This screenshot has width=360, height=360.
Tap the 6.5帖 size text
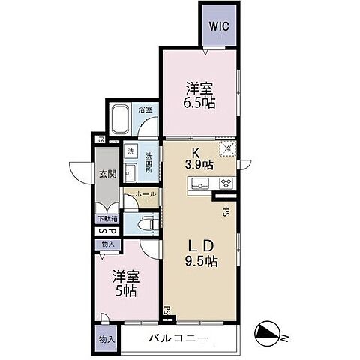pos(201,103)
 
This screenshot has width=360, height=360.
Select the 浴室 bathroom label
pos(145,109)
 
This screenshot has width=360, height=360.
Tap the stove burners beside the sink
pos(225,184)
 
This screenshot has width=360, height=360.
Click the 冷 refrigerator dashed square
pos(226,149)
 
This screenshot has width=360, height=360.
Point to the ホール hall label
pos(146,194)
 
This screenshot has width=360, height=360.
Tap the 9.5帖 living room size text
pos(200,262)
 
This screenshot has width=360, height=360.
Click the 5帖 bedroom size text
pos(124,291)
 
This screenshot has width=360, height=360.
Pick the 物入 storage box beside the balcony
pos(107,339)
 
